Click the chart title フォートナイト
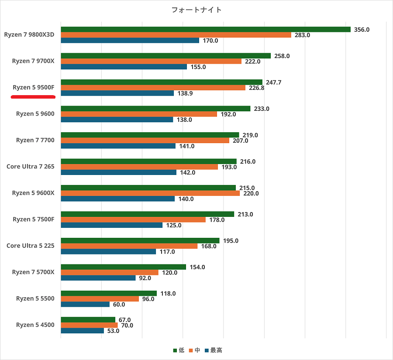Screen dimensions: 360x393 pos(196,10)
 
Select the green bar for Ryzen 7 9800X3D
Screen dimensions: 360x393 pos(205,30)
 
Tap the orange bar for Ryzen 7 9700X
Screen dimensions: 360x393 pos(151,62)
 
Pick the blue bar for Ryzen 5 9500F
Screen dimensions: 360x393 pos(117,93)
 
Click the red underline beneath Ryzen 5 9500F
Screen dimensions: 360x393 pos(33,96)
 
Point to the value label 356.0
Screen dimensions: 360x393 pos(362,30)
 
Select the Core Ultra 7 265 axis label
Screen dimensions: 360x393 pos(31,166)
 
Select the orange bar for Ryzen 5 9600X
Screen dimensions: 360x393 pos(150,193)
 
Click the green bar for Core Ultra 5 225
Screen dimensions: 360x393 pos(140,240)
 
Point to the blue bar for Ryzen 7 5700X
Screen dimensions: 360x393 pos(98,278)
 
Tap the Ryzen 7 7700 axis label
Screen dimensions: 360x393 pos(35,140)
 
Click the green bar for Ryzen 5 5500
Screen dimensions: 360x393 pos(109,293)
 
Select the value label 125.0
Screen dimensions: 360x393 pos(173,225)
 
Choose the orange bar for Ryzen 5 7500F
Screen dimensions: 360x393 pos(133,219)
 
